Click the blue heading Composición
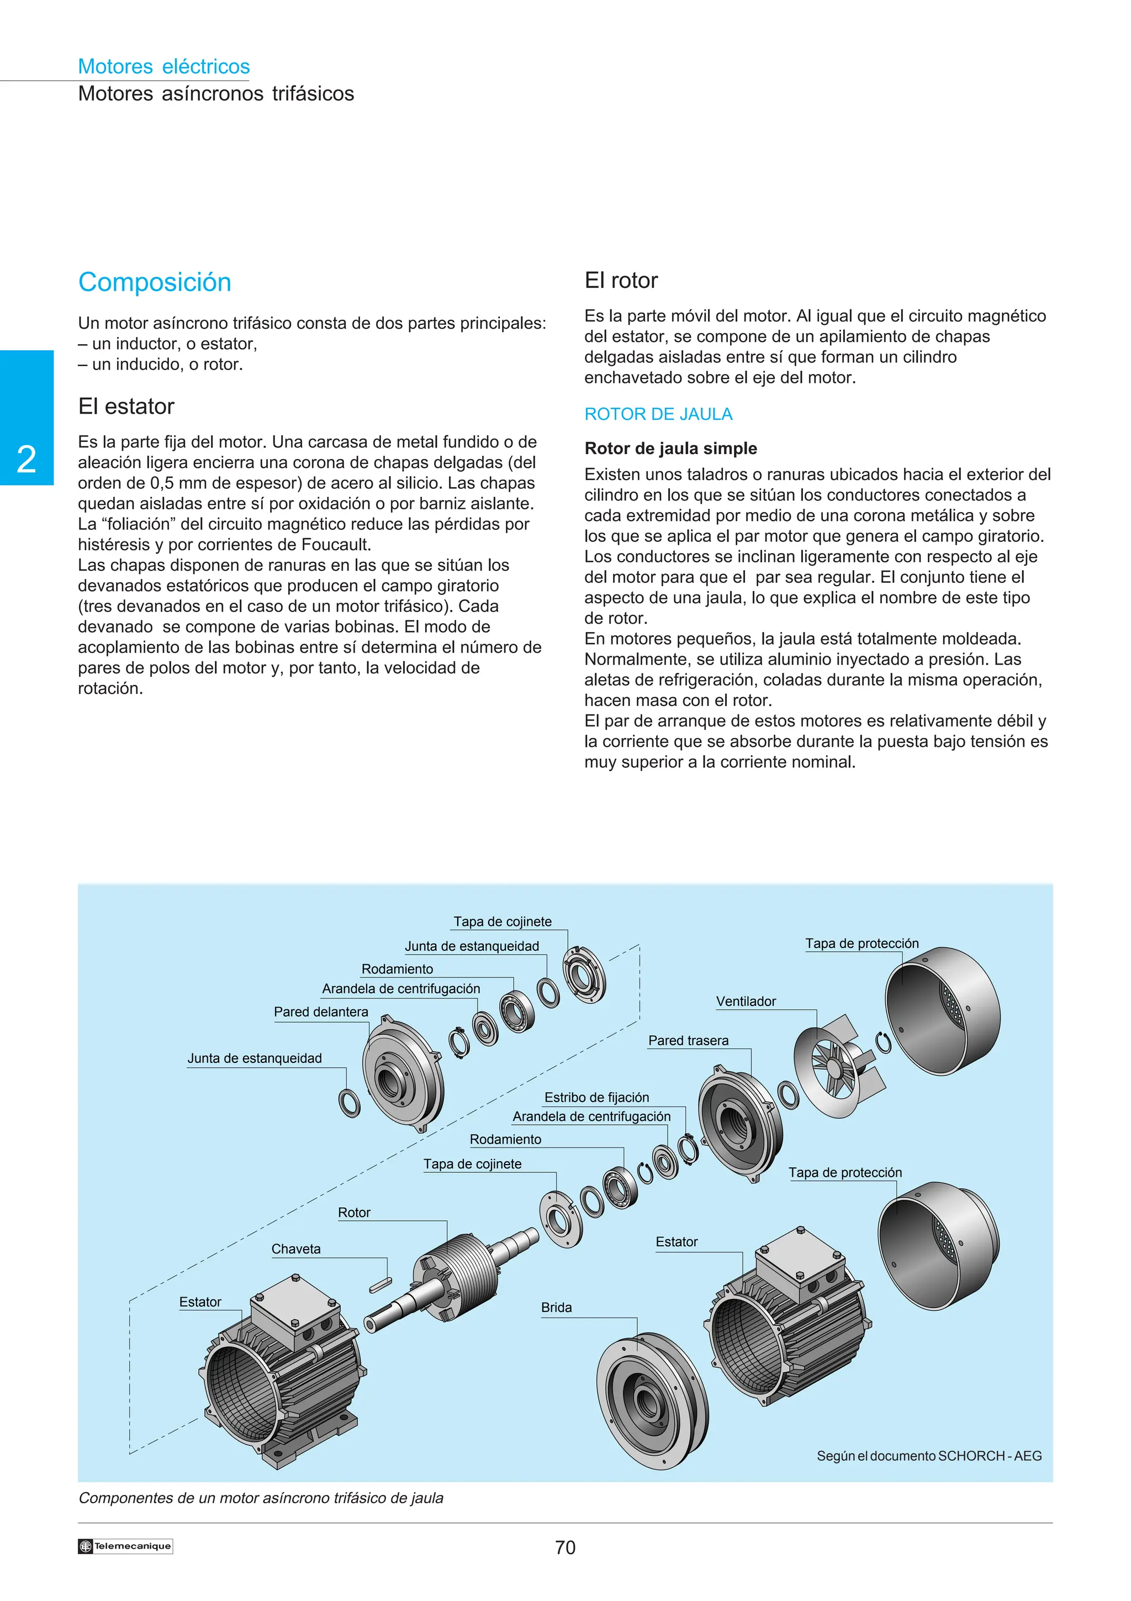click(154, 282)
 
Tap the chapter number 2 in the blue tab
click(27, 460)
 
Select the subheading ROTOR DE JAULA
click(658, 414)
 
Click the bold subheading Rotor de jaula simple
click(670, 449)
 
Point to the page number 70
click(564, 1547)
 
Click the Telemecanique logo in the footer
click(125, 1546)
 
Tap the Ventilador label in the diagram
click(746, 1002)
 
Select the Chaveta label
click(295, 1249)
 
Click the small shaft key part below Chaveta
click(380, 1284)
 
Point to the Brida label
click(556, 1308)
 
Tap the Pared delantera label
click(320, 1012)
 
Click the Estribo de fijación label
click(596, 1098)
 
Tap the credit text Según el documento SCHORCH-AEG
click(929, 1456)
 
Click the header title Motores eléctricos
click(164, 66)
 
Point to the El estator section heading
click(126, 407)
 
